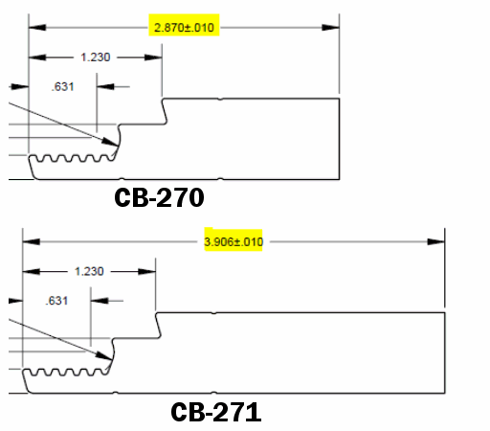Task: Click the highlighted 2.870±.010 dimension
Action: (x=184, y=28)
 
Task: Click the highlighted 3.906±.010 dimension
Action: (x=234, y=241)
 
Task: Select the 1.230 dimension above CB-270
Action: (x=96, y=57)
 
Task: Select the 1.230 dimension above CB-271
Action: (x=89, y=271)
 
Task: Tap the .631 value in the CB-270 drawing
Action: (x=62, y=86)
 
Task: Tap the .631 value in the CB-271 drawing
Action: (x=56, y=301)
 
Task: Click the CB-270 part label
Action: (x=159, y=197)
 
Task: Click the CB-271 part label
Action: (x=216, y=412)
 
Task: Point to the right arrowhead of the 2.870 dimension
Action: (x=330, y=28)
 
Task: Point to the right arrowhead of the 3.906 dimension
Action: (x=435, y=241)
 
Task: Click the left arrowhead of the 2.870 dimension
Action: (x=37, y=28)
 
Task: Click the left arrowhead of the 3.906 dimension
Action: (x=32, y=241)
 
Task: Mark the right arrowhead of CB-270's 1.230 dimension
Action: (x=153, y=57)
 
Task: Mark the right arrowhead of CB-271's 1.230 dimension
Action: (x=146, y=272)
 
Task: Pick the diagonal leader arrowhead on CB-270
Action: (x=110, y=142)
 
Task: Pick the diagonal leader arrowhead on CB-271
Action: (x=104, y=356)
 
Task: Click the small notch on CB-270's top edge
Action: (x=220, y=99)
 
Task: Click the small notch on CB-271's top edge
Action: (x=213, y=313)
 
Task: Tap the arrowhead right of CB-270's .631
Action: (x=105, y=86)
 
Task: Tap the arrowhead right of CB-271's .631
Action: (x=100, y=301)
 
